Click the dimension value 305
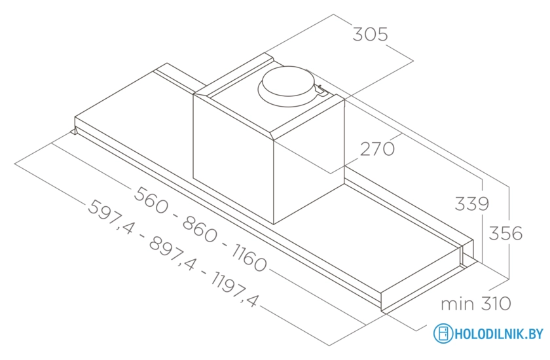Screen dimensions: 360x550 [371, 34]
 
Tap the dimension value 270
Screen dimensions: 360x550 [378, 149]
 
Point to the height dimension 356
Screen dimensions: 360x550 [506, 233]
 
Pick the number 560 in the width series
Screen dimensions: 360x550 [152, 196]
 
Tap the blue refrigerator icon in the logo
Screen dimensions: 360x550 [443, 334]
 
